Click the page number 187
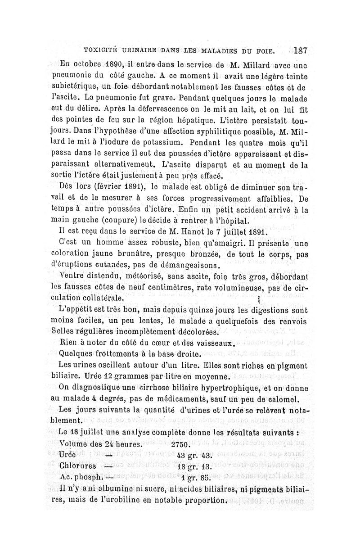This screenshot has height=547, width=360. click(299, 50)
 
